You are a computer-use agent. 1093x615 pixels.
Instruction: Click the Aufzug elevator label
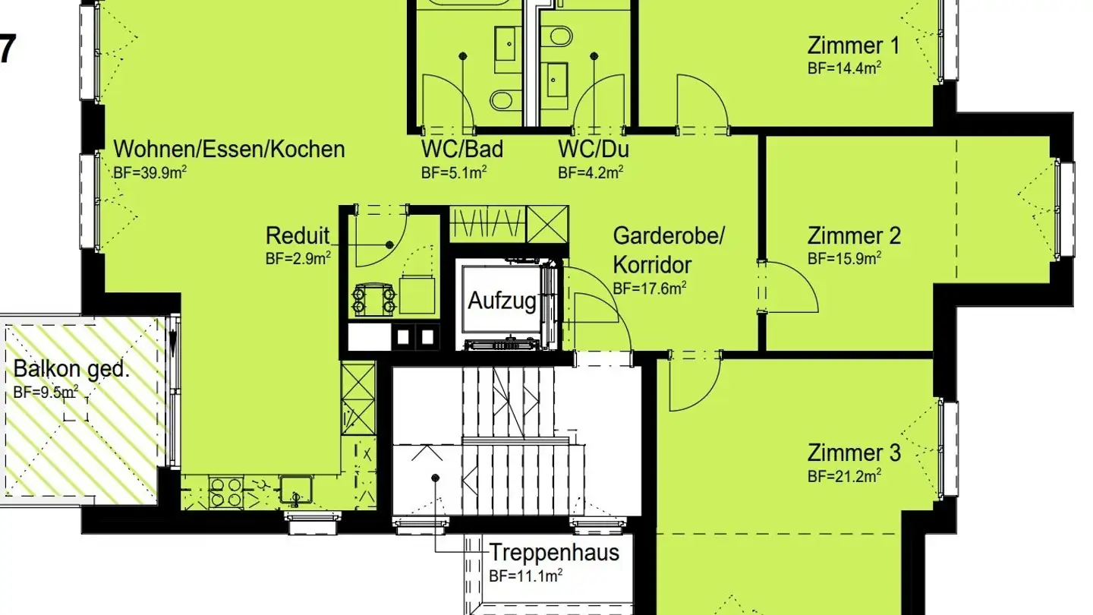pyautogui.click(x=502, y=301)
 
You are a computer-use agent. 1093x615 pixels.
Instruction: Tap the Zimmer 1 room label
pyautogui.click(x=853, y=46)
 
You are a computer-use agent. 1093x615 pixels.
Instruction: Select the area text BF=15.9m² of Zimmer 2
pyautogui.click(x=844, y=258)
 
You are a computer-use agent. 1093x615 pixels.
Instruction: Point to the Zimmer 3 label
pyautogui.click(x=853, y=453)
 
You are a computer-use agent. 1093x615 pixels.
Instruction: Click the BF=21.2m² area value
pyautogui.click(x=844, y=476)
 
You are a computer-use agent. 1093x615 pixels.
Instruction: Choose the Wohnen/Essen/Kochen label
pyautogui.click(x=228, y=149)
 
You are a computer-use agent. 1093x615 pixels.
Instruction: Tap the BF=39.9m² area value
pyautogui.click(x=150, y=172)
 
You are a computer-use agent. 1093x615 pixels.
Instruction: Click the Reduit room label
pyautogui.click(x=298, y=235)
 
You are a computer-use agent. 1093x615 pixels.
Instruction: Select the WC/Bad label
pyautogui.click(x=461, y=149)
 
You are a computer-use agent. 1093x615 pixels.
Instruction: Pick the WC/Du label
pyautogui.click(x=593, y=149)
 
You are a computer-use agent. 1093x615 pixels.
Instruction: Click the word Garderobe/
pyautogui.click(x=669, y=235)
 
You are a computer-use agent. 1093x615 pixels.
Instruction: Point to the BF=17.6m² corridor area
pyautogui.click(x=650, y=288)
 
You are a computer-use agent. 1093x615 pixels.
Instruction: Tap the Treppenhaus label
pyautogui.click(x=554, y=552)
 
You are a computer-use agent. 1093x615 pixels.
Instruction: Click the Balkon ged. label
pyautogui.click(x=71, y=371)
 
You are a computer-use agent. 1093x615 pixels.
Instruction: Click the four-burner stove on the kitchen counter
pyautogui.click(x=225, y=491)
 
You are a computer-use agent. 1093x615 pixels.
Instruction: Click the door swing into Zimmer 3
pyautogui.click(x=692, y=383)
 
